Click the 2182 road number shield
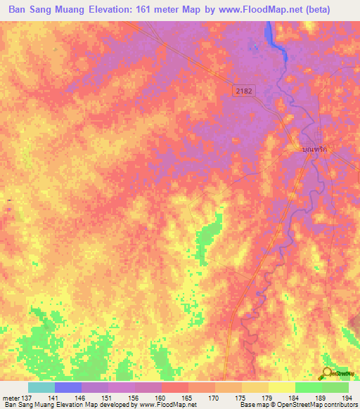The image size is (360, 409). click(x=243, y=91)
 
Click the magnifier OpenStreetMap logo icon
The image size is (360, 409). click(x=327, y=373)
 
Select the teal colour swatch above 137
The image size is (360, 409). click(x=41, y=387)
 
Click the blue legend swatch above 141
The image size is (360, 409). click(x=68, y=387)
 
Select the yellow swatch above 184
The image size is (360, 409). click(x=282, y=387)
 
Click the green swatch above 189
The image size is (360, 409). click(x=309, y=387)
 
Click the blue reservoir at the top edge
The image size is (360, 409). click(x=270, y=35)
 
